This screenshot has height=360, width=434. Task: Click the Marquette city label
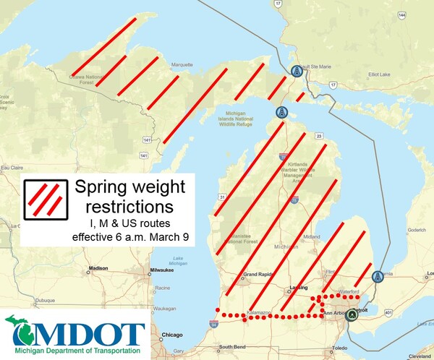click(182, 64)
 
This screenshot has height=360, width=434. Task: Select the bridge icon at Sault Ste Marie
click(296, 71)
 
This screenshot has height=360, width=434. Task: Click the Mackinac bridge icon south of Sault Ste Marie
click(281, 113)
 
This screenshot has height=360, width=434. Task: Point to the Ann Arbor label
click(336, 313)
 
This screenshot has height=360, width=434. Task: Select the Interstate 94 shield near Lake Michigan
click(213, 325)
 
